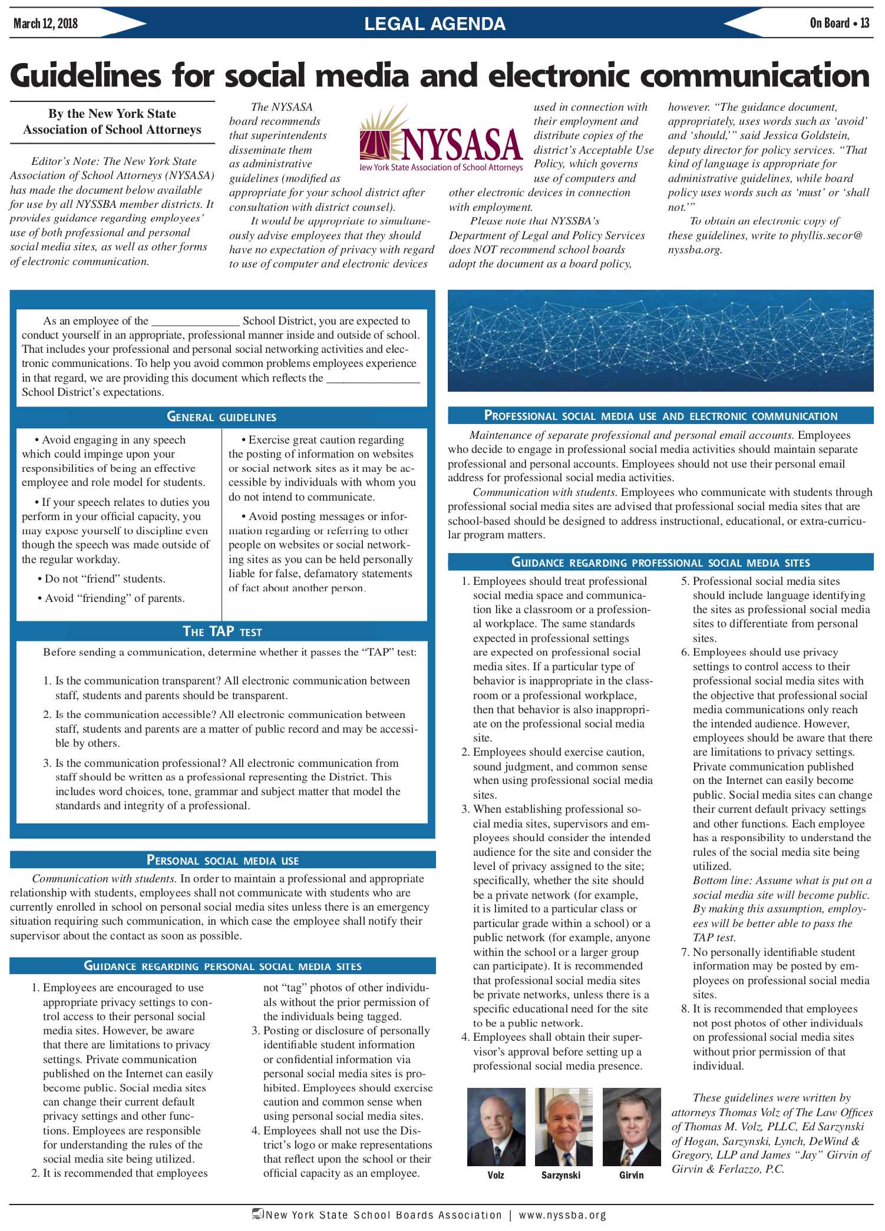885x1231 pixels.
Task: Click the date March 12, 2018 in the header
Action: [x=45, y=24]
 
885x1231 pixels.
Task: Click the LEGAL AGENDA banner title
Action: [x=435, y=24]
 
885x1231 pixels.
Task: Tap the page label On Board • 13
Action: [x=839, y=23]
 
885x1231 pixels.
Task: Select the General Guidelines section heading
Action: [x=222, y=417]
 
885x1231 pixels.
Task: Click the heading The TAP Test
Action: [x=222, y=632]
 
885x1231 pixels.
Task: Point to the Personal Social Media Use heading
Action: [x=223, y=860]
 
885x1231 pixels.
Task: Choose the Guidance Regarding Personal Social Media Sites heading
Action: [x=223, y=966]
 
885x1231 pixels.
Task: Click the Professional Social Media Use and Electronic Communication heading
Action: [x=661, y=416]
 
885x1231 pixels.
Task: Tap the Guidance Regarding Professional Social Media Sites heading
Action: [x=661, y=562]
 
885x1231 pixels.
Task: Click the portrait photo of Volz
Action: [x=496, y=1127]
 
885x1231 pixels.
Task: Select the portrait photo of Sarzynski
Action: [x=564, y=1127]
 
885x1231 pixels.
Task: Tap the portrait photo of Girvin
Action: [x=632, y=1127]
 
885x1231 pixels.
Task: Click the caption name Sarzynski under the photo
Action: [x=561, y=1175]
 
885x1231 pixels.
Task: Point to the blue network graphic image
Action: [x=661, y=340]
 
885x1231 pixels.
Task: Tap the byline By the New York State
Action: [x=112, y=114]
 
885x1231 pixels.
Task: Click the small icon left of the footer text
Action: [x=257, y=1214]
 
